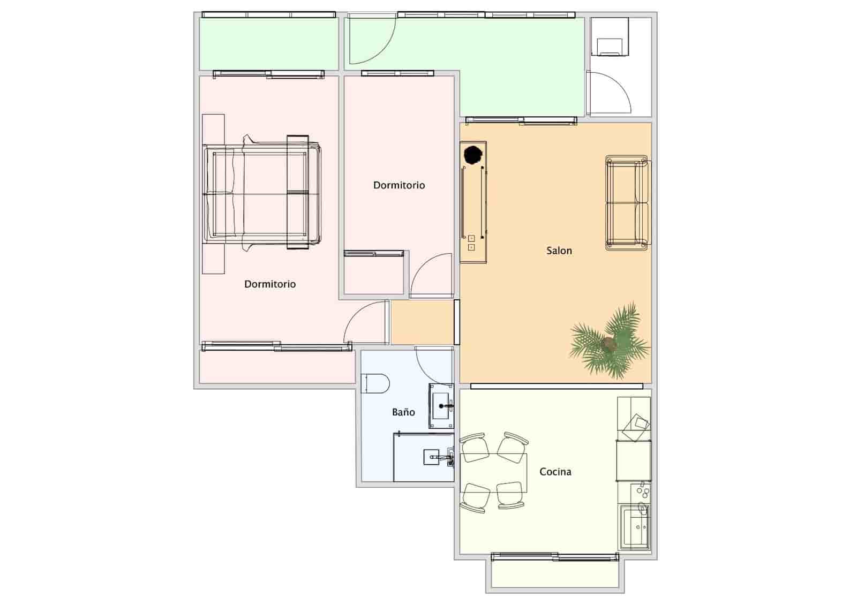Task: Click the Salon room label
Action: pos(559,251)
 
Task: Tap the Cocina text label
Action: pos(555,472)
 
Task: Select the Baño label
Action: pos(403,412)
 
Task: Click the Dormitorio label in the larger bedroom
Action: pos(270,284)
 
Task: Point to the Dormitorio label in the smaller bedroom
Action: pos(399,185)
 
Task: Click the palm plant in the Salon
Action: pos(610,343)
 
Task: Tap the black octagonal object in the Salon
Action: pos(473,155)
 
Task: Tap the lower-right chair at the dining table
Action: pos(510,495)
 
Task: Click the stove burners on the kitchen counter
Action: pos(640,490)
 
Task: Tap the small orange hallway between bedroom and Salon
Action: pos(422,322)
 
